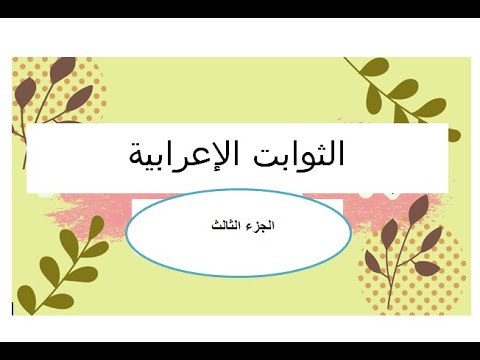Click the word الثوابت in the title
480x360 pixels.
[299, 155]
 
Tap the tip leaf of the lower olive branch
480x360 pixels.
[97, 221]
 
